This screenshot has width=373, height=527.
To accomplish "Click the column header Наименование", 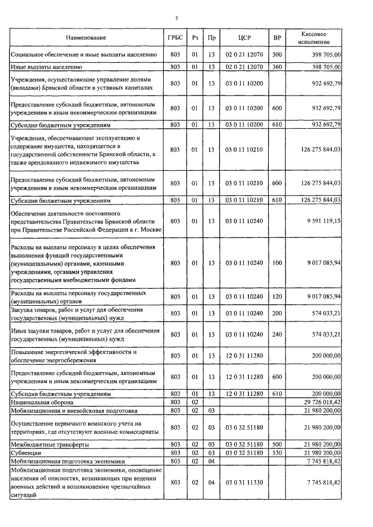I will pos(86,38).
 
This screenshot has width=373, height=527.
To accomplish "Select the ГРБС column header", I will pos(173,38).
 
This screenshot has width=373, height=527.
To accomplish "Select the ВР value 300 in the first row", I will pos(277,55).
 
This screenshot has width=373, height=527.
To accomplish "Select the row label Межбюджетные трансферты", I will pos(49,444).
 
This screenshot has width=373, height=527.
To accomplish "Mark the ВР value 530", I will pos(277,452).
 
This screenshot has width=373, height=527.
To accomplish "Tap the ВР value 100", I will pos(277,263).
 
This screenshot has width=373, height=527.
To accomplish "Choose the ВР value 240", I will pos(277,334).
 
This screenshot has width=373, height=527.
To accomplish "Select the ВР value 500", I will pos(277,444).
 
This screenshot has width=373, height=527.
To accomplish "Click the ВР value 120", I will pos(277,296).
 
